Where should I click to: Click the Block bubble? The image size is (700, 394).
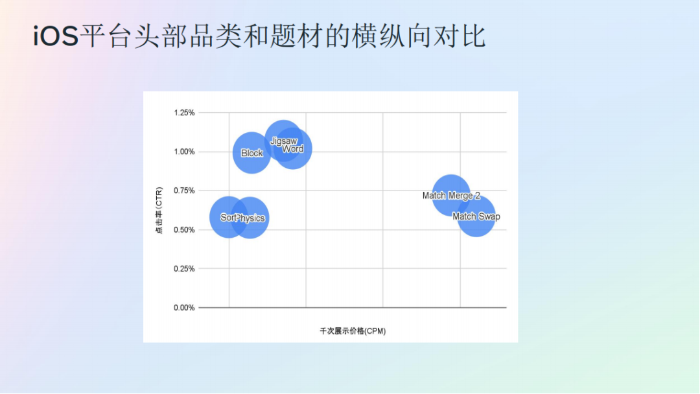coord(251,153)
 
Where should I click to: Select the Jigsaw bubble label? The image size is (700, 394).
coord(283,141)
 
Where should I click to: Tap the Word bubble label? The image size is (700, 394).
coord(293,149)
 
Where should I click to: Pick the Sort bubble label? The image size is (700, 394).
coord(227,218)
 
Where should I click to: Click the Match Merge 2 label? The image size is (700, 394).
coord(451,196)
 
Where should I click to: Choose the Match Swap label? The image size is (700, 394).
coord(476,216)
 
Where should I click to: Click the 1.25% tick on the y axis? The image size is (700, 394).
coord(184,113)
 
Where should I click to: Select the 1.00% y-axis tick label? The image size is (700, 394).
coord(184,152)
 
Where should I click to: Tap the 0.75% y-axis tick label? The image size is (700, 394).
coord(184,191)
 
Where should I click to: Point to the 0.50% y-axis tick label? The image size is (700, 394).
coord(184,229)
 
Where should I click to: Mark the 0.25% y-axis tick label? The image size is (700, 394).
coord(184,268)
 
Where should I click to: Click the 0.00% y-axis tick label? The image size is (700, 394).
coord(184,308)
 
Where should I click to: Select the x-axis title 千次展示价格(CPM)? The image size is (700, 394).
coord(353,331)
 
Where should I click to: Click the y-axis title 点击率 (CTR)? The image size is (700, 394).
coord(159,210)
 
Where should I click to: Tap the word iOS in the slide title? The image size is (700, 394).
coord(56,37)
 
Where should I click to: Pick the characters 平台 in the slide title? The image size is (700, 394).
coord(109,37)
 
